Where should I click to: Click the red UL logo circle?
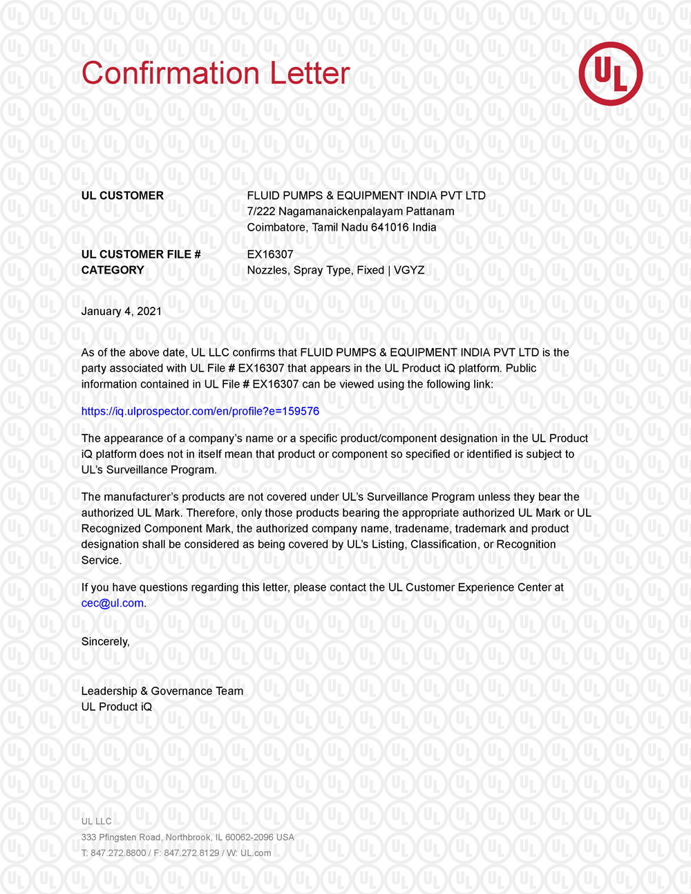point(610,74)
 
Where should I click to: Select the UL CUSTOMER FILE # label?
point(141,254)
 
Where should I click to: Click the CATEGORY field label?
point(113,270)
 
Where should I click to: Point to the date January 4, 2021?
point(122,311)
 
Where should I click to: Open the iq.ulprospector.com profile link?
point(200,411)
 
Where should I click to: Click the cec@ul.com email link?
point(113,602)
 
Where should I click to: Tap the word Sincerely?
point(105,641)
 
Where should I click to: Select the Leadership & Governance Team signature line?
point(162,691)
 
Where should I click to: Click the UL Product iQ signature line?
point(117,707)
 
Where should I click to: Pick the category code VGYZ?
point(409,270)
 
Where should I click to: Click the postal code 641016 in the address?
point(390,227)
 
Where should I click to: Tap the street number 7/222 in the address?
point(261,211)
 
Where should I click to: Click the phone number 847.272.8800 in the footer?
point(118,853)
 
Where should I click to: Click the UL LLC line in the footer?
point(96,821)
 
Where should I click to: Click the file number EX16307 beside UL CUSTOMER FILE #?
point(270,254)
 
